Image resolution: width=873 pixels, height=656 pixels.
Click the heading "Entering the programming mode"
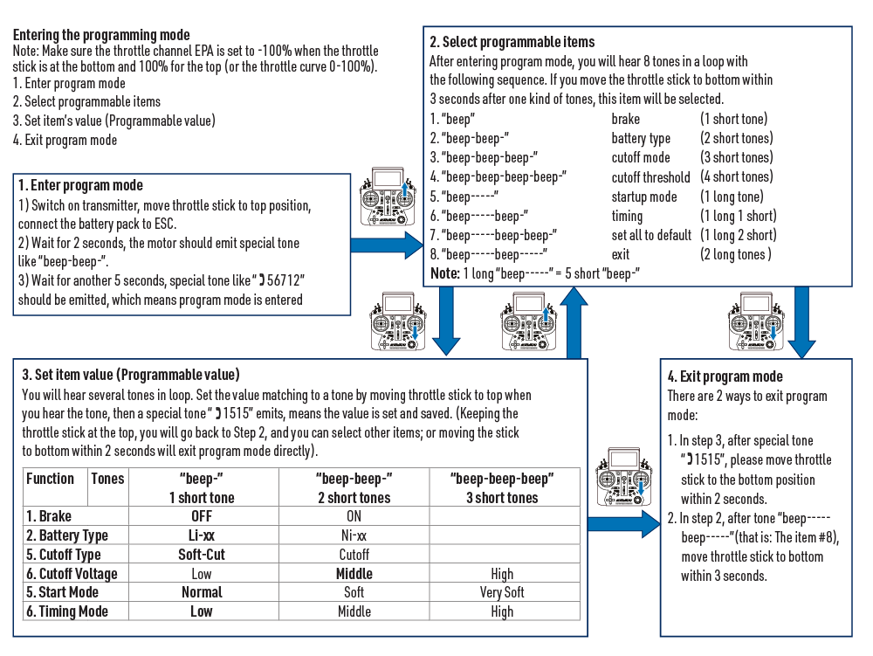(101, 36)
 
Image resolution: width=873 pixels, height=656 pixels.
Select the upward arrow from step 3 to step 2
(573, 323)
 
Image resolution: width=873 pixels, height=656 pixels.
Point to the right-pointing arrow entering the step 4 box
(625, 523)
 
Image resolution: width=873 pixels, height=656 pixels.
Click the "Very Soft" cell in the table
(502, 592)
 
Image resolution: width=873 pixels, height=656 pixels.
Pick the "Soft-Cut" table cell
(201, 555)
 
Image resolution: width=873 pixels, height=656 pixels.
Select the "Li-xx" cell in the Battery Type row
(201, 535)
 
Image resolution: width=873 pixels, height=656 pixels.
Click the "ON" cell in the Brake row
(354, 516)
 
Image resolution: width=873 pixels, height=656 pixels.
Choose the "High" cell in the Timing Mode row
(502, 612)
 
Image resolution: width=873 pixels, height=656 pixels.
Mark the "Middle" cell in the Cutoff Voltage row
(354, 574)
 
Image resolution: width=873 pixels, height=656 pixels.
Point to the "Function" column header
(51, 479)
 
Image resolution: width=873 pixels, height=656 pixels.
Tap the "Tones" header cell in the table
(108, 479)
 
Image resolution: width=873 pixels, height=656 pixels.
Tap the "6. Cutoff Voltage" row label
(72, 574)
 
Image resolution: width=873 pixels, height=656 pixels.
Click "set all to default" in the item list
(651, 235)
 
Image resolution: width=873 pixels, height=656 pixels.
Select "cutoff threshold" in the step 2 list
(650, 177)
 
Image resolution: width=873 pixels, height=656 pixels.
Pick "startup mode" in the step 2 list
(644, 197)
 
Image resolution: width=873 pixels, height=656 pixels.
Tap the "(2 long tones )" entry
(736, 254)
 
